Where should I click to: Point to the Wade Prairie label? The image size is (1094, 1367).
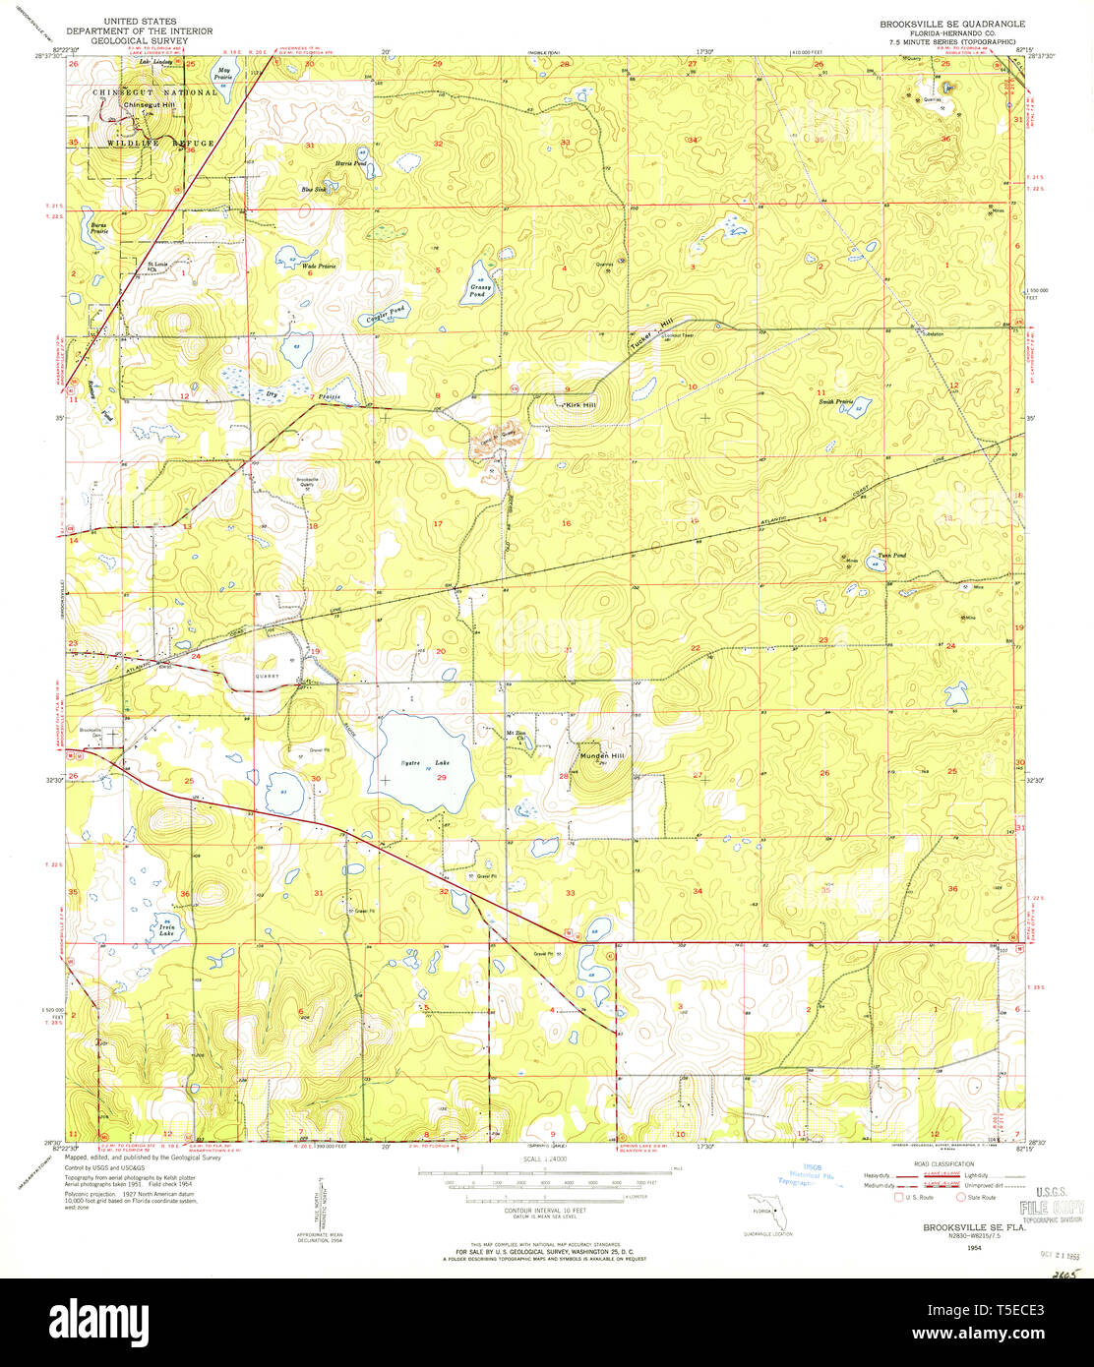(314, 267)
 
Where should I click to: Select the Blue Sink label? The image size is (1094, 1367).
(313, 189)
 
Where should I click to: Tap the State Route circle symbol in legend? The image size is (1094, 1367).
(961, 1197)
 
